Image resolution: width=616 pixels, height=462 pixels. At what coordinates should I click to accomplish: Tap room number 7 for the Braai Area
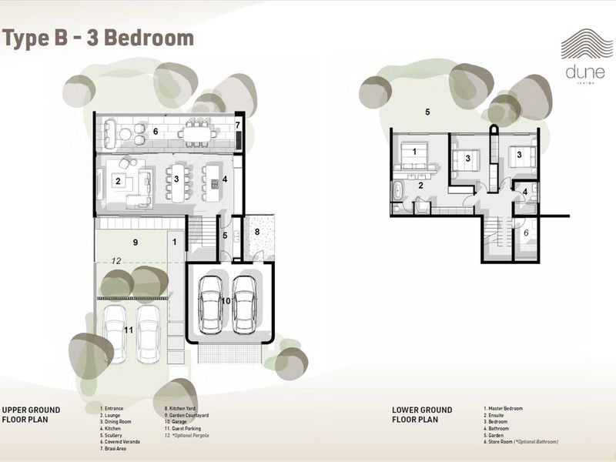click(x=238, y=125)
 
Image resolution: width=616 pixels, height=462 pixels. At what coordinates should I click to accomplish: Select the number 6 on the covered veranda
click(x=155, y=132)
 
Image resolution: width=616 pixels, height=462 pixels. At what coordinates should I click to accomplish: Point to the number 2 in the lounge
click(x=118, y=182)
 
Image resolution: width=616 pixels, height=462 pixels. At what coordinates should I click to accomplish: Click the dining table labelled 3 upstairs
click(x=177, y=182)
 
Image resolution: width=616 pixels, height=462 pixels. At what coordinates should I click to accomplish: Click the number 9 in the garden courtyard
click(x=135, y=243)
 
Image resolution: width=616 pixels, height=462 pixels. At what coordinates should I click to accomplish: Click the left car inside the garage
click(x=209, y=302)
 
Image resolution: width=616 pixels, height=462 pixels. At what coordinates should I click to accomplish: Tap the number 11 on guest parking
click(x=129, y=330)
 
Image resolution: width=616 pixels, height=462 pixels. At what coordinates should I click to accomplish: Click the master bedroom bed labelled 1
click(x=413, y=158)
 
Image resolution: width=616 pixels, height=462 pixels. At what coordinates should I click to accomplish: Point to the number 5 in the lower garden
click(x=427, y=112)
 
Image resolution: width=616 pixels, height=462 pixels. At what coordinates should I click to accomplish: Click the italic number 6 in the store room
click(x=525, y=233)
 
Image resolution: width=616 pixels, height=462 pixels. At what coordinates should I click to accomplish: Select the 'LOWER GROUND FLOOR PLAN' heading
click(x=422, y=415)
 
